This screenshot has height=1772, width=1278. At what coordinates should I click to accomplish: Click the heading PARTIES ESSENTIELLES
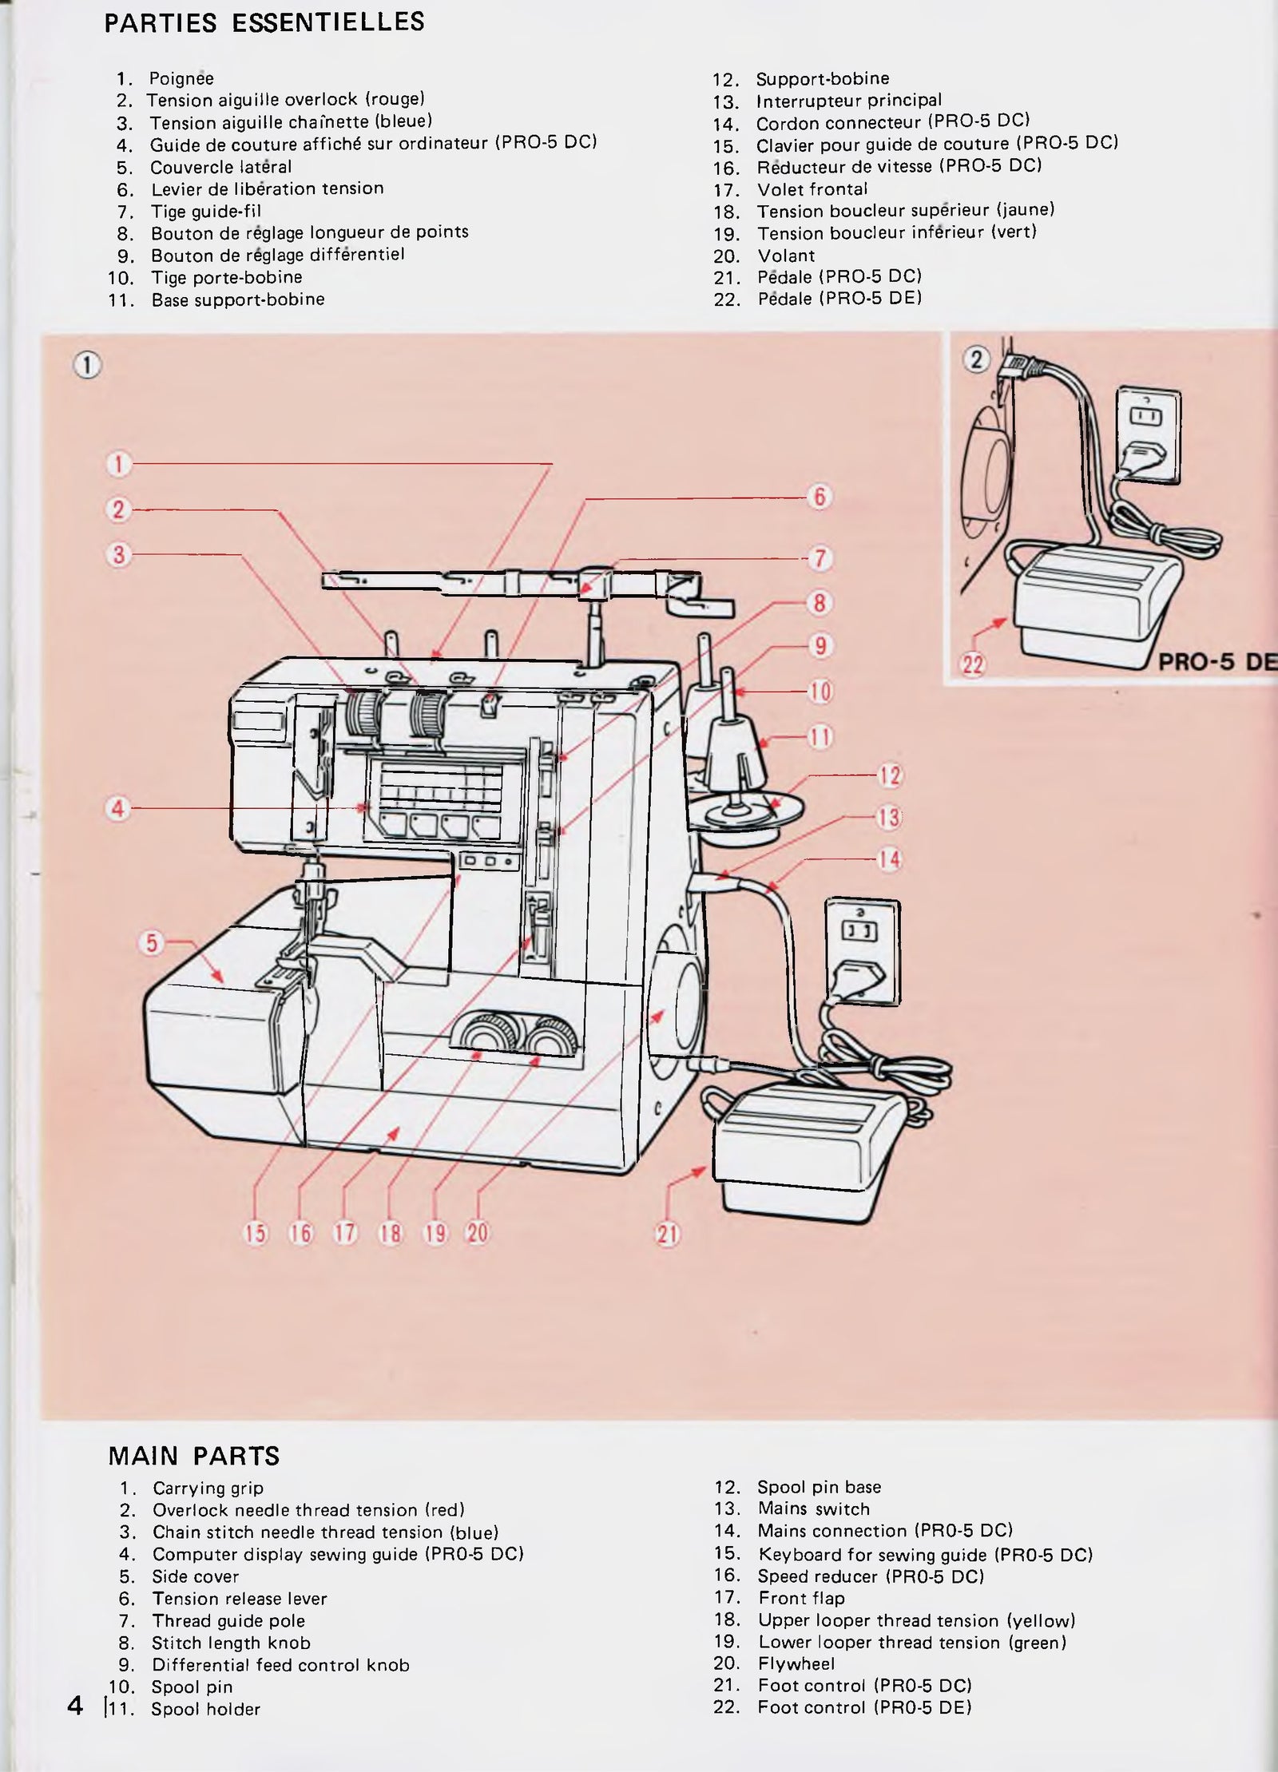click(264, 23)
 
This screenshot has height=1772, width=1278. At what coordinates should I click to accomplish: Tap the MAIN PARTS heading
click(194, 1457)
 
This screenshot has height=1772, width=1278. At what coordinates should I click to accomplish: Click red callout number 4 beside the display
click(117, 808)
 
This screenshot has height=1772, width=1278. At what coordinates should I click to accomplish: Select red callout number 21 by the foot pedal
click(668, 1235)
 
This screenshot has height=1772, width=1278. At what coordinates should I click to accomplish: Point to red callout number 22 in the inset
click(973, 664)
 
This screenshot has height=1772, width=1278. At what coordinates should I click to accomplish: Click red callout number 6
click(820, 497)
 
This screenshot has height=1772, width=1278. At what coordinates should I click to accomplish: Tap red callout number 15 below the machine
click(255, 1233)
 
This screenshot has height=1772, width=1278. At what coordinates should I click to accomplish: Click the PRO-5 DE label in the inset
click(1216, 663)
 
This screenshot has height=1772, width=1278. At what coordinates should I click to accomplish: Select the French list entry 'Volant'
click(786, 256)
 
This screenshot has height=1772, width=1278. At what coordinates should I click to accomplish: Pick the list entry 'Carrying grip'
click(208, 1489)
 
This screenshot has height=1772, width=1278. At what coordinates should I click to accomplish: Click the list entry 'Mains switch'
click(813, 1508)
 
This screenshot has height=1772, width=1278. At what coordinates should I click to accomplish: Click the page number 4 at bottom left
click(75, 1707)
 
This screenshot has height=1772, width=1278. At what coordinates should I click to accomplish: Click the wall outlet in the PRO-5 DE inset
click(1148, 436)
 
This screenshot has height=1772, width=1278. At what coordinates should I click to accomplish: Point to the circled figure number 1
click(88, 366)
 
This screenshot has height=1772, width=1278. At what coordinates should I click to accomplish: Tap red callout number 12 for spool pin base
click(889, 775)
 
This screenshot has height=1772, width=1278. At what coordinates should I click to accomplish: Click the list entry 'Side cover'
click(195, 1576)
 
